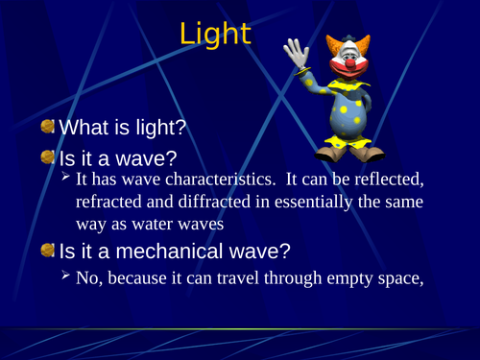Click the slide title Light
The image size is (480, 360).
(215, 36)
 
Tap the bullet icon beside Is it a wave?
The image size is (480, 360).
(47, 156)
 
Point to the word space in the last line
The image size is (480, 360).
(396, 280)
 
